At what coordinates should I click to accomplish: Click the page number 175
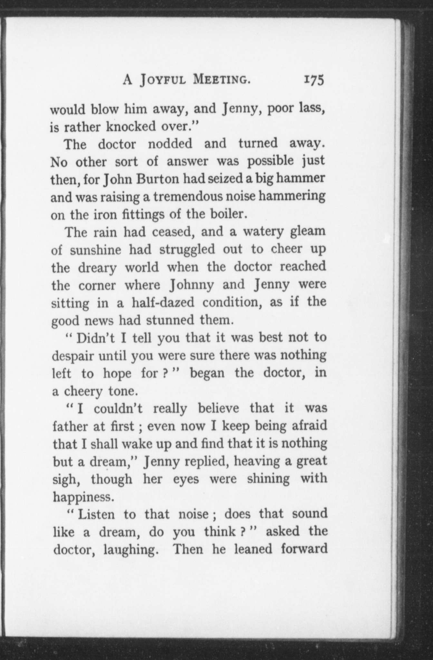point(313,80)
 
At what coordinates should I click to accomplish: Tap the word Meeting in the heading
point(221,80)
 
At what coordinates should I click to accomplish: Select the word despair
point(72,356)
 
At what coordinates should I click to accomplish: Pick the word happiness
point(83,497)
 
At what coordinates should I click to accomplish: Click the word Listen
point(96,514)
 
